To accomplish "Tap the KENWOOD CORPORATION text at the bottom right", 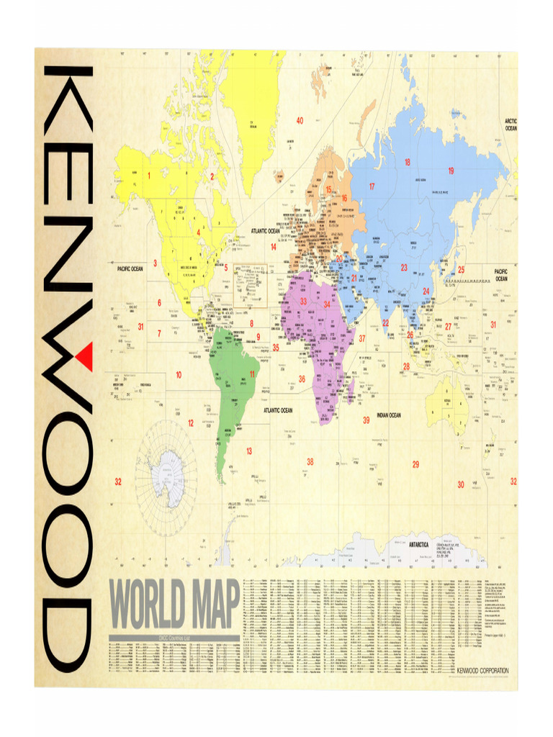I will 482,671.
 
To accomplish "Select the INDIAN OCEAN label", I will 389,415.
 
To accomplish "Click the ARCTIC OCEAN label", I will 511,125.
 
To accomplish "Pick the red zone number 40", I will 300,120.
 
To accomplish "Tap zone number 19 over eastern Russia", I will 451,171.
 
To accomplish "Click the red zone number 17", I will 372,186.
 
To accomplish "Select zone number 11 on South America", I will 252,374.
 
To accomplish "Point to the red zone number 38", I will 310,461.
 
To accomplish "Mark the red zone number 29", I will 415,464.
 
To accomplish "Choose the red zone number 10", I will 178,375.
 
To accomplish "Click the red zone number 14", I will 274,247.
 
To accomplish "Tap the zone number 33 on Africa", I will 303,302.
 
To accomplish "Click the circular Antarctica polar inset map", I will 166,468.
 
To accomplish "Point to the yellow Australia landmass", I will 448,403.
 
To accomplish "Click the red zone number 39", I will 366,420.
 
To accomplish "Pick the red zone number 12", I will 191,423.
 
